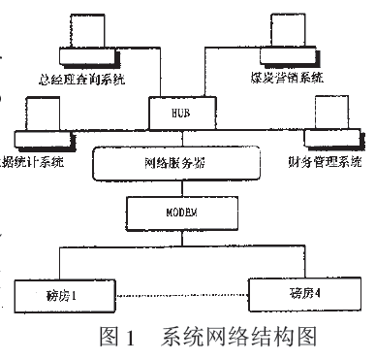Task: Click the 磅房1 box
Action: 60,290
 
